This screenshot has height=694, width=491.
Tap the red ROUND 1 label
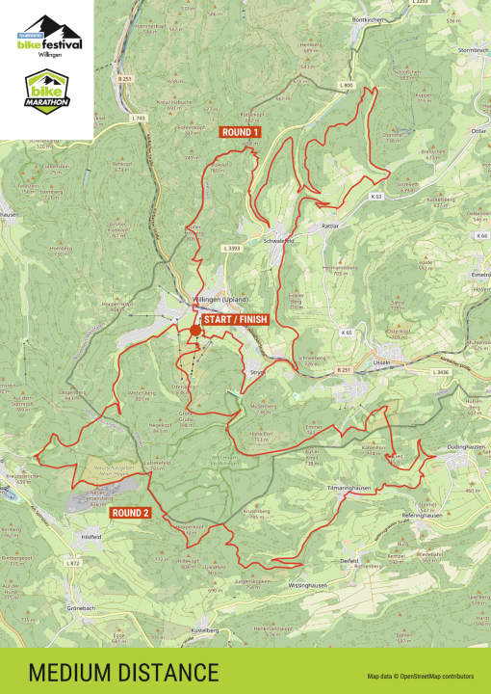click(x=241, y=132)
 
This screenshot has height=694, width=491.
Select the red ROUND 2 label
click(x=130, y=513)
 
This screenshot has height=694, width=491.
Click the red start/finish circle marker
click(x=195, y=331)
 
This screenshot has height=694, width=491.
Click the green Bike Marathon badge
click(x=47, y=93)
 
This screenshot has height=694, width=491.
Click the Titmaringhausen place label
click(x=348, y=488)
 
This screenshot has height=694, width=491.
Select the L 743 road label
click(x=138, y=118)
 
